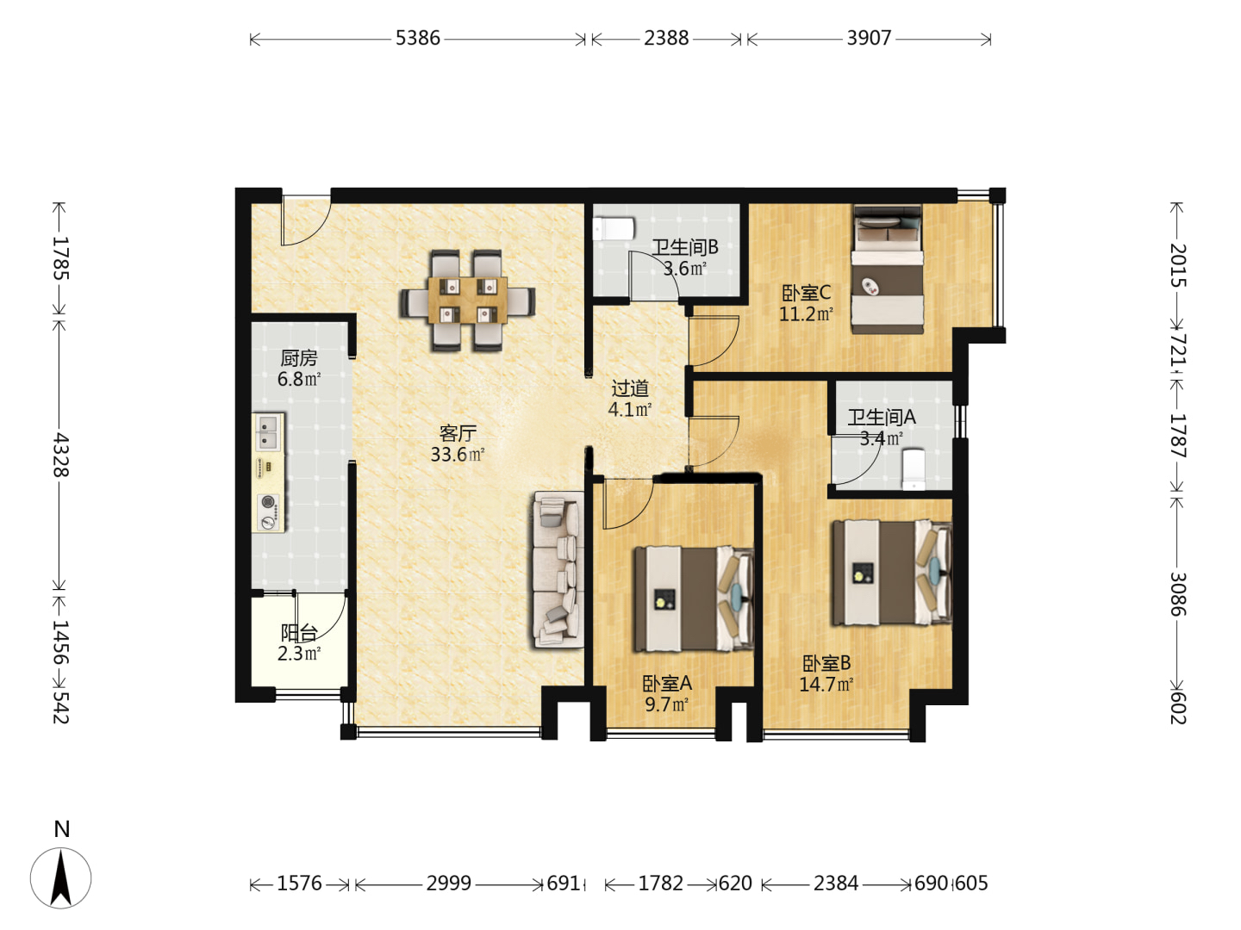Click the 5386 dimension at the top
417,39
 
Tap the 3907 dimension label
869,39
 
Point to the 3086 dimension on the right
1177,594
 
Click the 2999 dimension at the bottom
448,883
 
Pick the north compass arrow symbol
60,878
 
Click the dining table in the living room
468,301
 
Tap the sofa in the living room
558,570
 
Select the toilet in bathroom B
614,229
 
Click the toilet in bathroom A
913,469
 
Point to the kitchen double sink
268,432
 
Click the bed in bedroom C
887,270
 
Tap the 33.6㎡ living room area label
458,455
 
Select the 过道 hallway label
630,388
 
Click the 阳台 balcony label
298,633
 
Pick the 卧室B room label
826,663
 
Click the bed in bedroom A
694,599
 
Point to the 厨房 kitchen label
298,358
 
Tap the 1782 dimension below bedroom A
660,883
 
